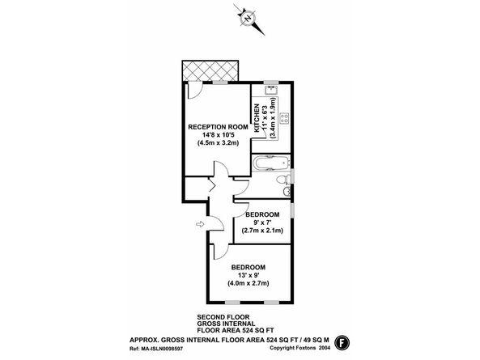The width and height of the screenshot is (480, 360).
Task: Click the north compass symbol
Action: (248, 19)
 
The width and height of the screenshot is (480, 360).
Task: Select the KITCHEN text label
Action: (257, 118)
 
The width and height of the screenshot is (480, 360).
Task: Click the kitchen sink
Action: (271, 91)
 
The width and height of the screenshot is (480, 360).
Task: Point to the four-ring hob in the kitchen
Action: (284, 118)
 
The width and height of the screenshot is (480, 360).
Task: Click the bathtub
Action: (271, 163)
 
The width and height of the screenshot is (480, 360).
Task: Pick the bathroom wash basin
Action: (287, 192)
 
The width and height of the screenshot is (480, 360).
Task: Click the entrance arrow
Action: (200, 225)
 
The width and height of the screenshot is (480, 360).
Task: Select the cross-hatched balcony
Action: (210, 70)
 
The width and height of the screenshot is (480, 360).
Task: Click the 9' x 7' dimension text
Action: (262, 222)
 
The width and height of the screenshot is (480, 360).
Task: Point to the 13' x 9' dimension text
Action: (248, 275)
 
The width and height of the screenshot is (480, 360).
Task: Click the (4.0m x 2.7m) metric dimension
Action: (248, 283)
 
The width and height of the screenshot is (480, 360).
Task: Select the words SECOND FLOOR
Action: (223, 317)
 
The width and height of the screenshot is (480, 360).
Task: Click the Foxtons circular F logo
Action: (342, 342)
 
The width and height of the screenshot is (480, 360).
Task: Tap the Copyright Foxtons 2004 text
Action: (300, 348)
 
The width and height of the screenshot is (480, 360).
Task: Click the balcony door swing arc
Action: (198, 94)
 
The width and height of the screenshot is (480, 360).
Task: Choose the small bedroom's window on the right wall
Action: (292, 210)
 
